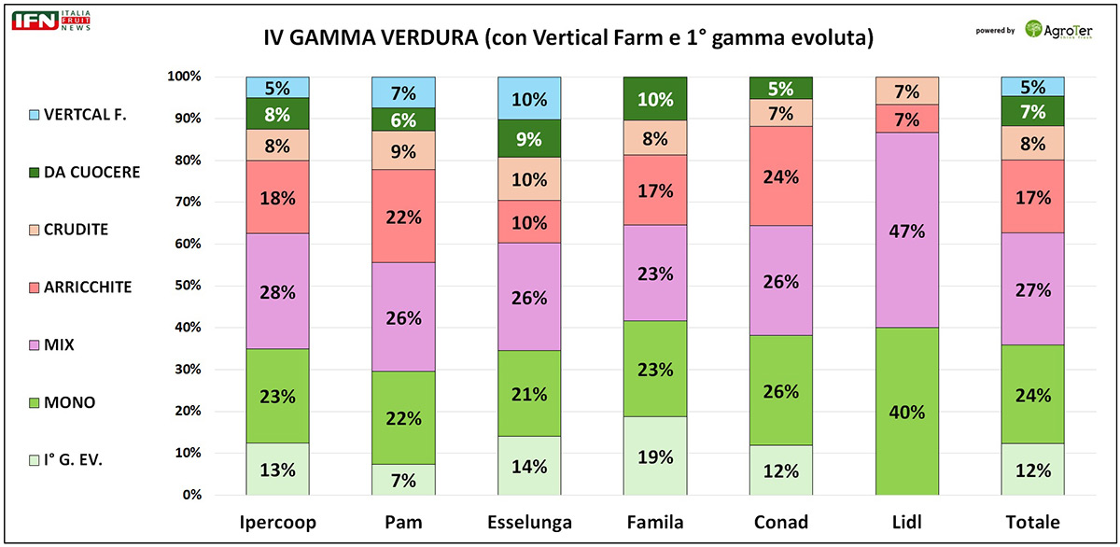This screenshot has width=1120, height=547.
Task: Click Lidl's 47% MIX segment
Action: click(907, 230)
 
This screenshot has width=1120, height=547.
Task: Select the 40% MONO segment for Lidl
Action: click(907, 411)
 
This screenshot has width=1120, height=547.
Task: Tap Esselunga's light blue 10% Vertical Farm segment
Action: click(529, 98)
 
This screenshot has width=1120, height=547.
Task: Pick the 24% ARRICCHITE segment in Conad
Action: click(781, 175)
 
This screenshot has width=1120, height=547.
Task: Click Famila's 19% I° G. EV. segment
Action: click(655, 456)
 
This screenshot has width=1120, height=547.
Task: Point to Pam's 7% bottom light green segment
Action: click(403, 479)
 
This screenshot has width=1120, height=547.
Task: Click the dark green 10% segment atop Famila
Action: click(655, 99)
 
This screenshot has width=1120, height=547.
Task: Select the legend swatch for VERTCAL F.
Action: click(35, 115)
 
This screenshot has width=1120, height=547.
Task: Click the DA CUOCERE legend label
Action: click(93, 172)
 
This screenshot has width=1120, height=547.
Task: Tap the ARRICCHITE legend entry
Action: click(87, 288)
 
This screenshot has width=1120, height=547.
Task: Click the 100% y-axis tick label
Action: click(185, 77)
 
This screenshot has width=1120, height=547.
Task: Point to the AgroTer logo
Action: click(1059, 28)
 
